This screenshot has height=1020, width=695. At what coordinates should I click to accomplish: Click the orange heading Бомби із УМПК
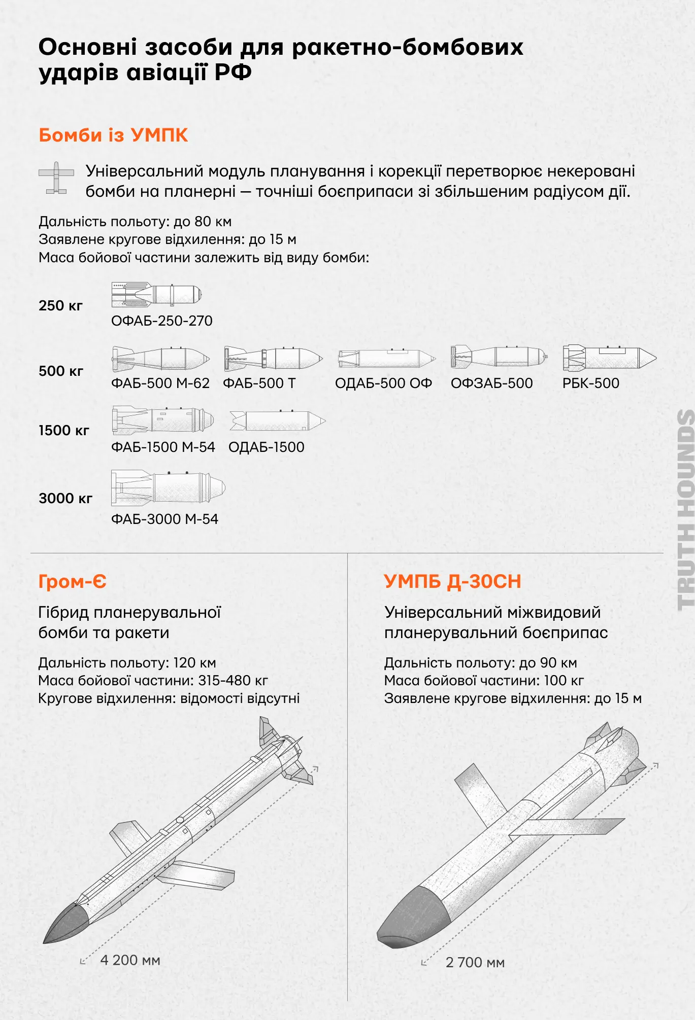point(113,135)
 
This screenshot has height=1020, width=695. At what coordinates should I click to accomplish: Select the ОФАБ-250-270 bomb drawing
point(156,295)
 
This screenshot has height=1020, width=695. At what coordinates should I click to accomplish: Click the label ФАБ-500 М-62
point(160,383)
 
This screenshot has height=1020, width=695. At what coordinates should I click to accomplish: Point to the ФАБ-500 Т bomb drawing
point(273,359)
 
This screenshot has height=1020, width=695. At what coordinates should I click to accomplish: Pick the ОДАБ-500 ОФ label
point(383,383)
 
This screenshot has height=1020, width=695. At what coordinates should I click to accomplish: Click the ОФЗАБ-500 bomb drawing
point(499,357)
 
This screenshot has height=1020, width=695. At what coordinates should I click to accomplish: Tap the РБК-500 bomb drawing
point(609,358)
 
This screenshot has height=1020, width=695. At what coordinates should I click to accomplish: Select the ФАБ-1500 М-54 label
point(163,447)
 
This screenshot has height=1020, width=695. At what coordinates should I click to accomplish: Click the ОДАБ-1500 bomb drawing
point(277,421)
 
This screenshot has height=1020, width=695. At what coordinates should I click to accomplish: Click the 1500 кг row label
point(64,431)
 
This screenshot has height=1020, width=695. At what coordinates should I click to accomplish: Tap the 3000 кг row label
point(65,499)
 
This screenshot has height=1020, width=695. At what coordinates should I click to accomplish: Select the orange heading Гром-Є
point(73,582)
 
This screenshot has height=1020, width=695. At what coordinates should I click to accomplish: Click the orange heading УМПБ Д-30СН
point(452,582)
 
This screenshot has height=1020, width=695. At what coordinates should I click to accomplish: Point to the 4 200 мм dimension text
point(130,960)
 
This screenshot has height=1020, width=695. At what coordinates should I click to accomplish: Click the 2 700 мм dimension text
point(475,963)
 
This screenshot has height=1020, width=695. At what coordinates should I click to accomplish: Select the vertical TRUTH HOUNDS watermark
point(686,509)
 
